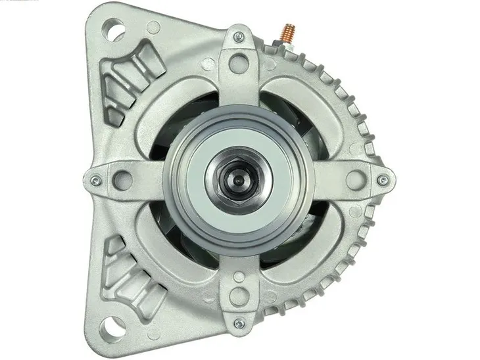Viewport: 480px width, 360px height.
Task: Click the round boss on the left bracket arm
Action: point(121,177)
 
